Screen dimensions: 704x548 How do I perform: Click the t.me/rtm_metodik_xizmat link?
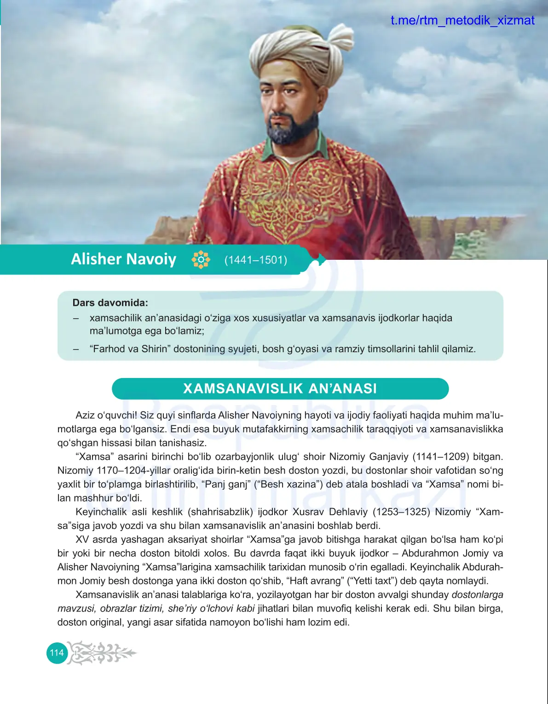[462, 20]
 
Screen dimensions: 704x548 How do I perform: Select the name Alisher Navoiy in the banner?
[123, 259]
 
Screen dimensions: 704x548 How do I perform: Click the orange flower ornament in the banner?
[201, 260]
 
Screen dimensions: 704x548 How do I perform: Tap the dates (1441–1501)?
[255, 260]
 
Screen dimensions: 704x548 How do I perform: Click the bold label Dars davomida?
[110, 303]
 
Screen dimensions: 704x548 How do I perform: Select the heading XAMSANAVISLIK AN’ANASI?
[280, 389]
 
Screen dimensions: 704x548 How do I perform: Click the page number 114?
[57, 652]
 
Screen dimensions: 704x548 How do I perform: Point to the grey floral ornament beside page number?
[102, 652]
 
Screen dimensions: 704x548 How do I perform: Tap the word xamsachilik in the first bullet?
[115, 318]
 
